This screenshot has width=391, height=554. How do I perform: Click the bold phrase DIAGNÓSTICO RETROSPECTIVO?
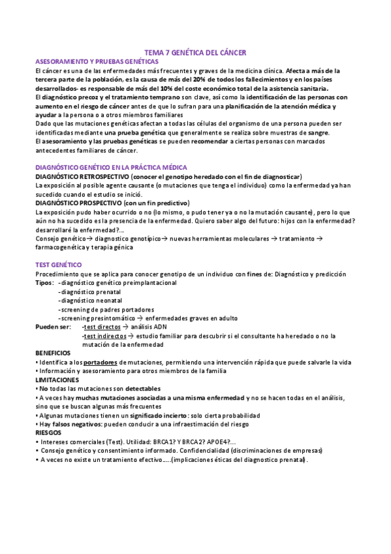[82, 176]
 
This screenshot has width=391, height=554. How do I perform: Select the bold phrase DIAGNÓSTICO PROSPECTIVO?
[80, 203]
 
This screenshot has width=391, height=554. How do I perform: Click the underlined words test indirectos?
[106, 336]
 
